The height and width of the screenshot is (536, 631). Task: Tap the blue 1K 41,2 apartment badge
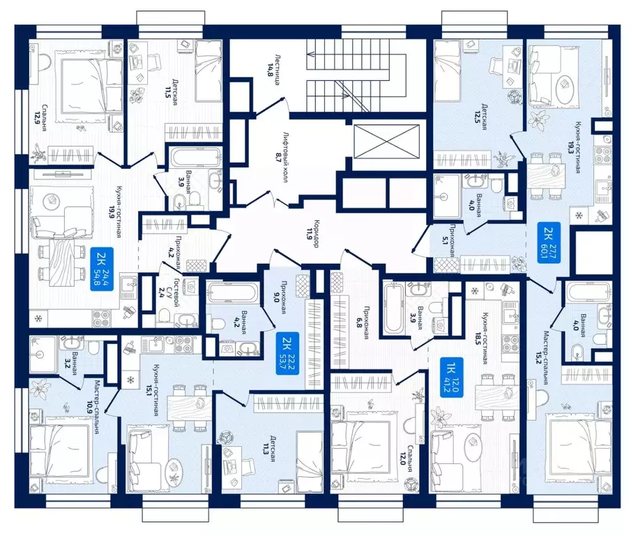pos(451,378)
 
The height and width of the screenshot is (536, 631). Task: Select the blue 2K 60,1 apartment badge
pos(549,242)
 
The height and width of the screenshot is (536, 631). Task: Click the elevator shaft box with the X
pos(386,142)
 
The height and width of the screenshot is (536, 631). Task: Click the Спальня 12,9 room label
pos(43,119)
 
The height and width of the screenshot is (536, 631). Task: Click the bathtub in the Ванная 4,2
pos(232,291)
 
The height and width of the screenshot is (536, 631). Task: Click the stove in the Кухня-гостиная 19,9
pos(101,318)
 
